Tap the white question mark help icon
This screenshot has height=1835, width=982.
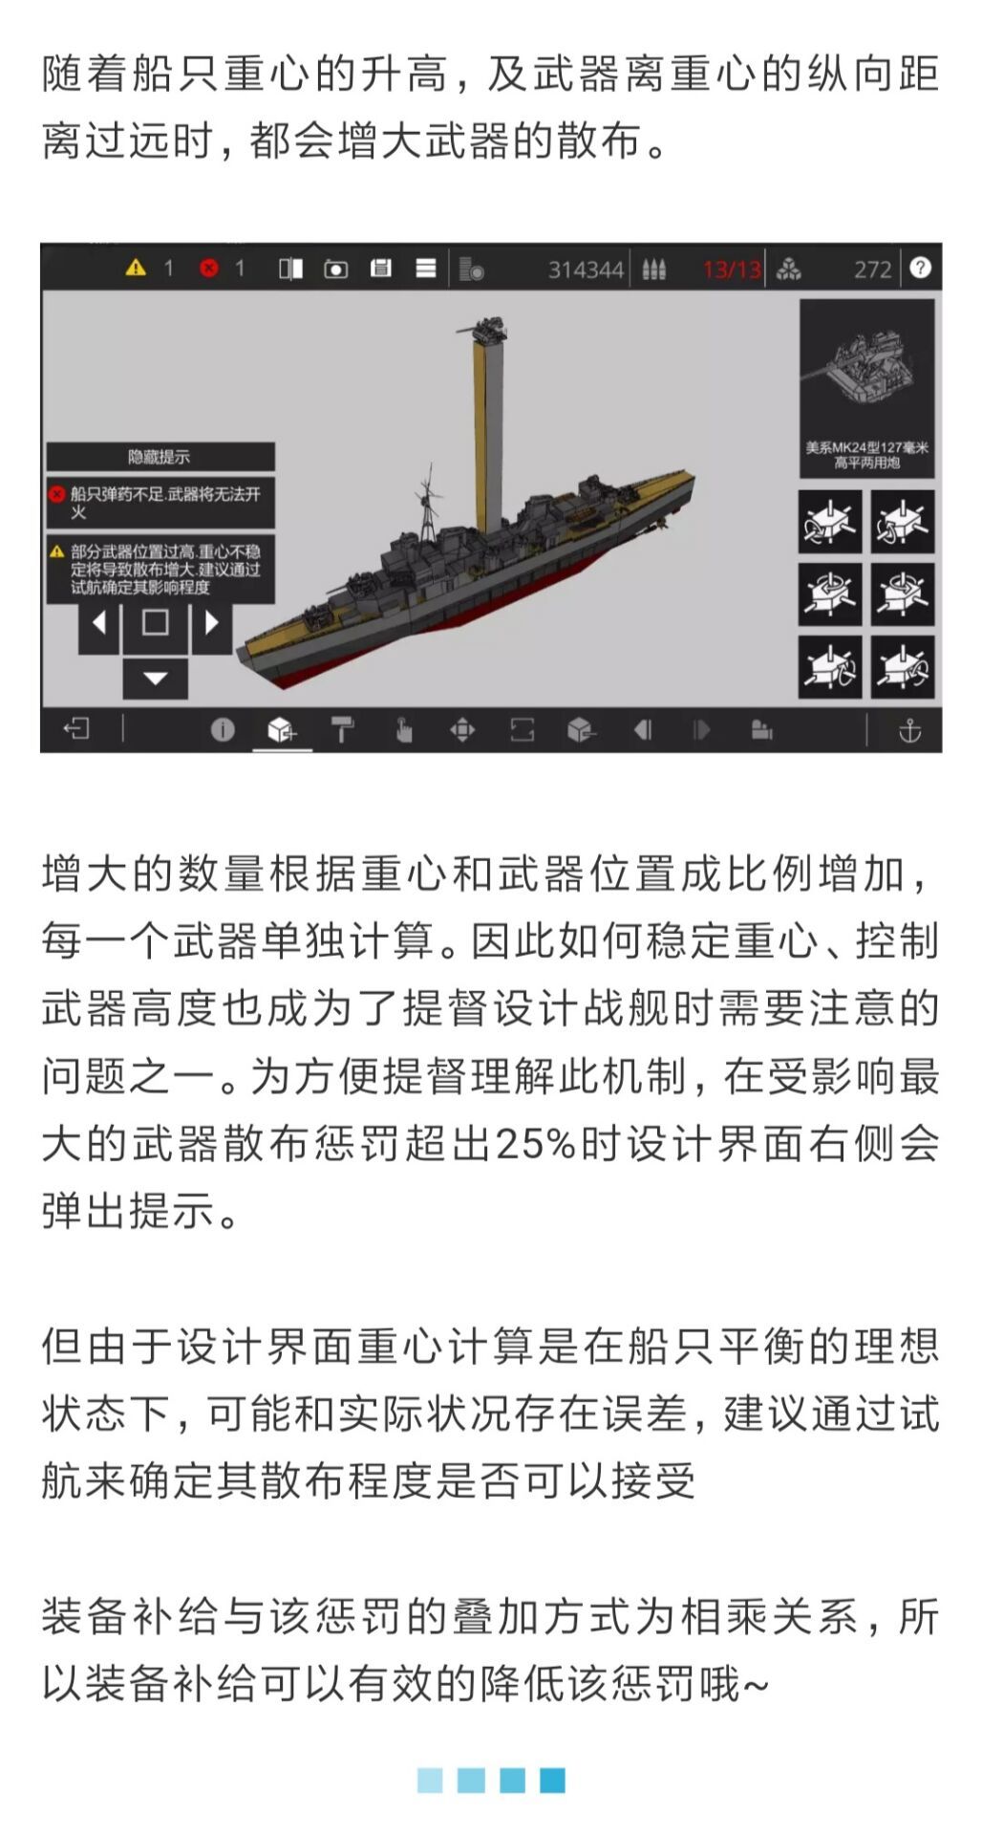(x=920, y=268)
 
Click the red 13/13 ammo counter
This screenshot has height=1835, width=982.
(x=732, y=270)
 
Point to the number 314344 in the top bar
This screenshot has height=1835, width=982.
(x=586, y=270)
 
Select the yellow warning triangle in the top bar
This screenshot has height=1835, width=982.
(x=136, y=268)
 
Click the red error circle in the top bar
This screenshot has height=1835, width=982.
(x=208, y=269)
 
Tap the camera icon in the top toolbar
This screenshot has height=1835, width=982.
(x=335, y=269)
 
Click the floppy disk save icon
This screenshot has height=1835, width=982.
(x=380, y=269)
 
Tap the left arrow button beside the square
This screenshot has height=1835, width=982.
(x=98, y=623)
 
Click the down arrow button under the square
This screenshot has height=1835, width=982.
(x=156, y=679)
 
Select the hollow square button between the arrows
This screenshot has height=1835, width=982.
(x=155, y=623)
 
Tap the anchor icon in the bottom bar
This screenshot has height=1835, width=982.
(x=909, y=731)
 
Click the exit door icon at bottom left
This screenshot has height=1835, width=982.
(x=75, y=729)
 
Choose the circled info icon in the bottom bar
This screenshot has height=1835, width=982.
(x=223, y=730)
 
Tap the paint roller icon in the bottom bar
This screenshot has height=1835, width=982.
(x=342, y=730)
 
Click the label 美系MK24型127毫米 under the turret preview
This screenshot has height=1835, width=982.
(x=866, y=447)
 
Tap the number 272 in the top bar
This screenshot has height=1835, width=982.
(x=872, y=270)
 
